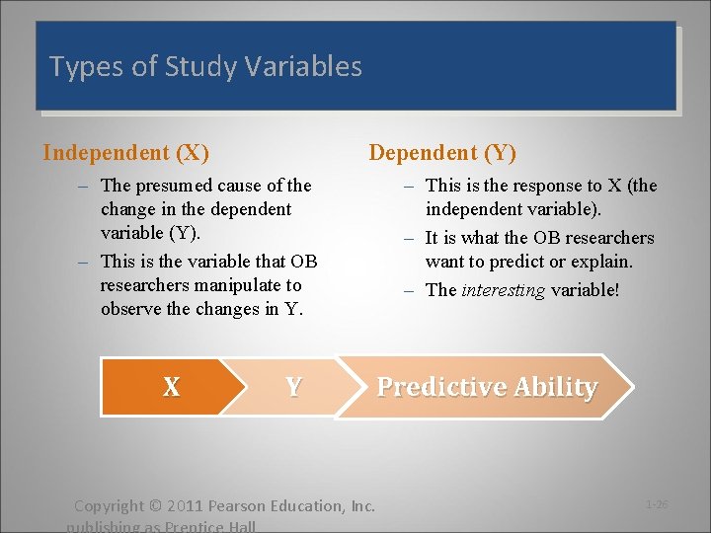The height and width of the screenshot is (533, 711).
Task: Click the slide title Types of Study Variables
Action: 205,67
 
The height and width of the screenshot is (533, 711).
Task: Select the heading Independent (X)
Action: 125,153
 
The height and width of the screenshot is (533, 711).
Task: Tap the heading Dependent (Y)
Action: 441,153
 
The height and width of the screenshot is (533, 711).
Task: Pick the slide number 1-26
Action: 657,504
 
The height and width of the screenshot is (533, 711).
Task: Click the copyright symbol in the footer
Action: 153,506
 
